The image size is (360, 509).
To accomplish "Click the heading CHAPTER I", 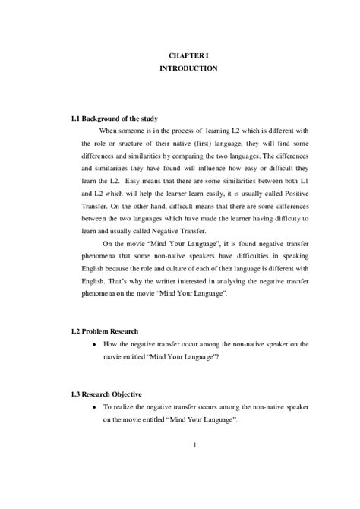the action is tap(188, 54).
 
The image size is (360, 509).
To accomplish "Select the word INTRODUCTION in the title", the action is tap(188, 68).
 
